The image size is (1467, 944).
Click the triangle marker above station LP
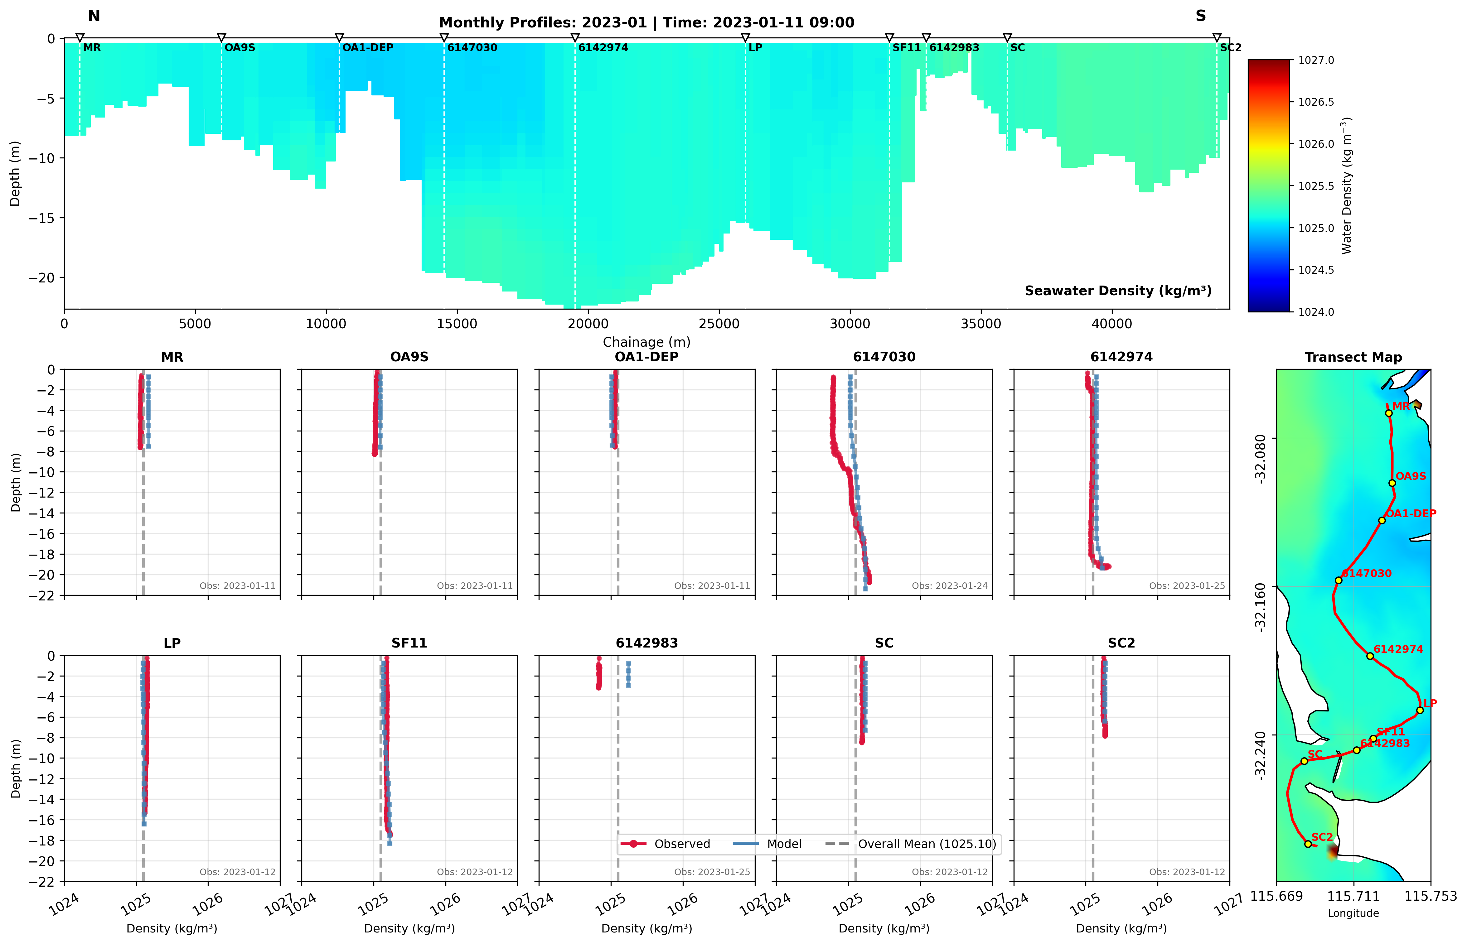745,38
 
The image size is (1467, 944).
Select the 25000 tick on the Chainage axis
719,324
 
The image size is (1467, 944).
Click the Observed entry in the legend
682,844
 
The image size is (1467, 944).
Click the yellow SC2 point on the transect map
1308,844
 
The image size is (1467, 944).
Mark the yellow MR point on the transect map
1388,413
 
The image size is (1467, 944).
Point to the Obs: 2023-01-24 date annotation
949,586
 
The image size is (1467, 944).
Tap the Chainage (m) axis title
646,342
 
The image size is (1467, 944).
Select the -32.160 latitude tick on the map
1260,607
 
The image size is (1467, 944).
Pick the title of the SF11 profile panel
409,643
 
